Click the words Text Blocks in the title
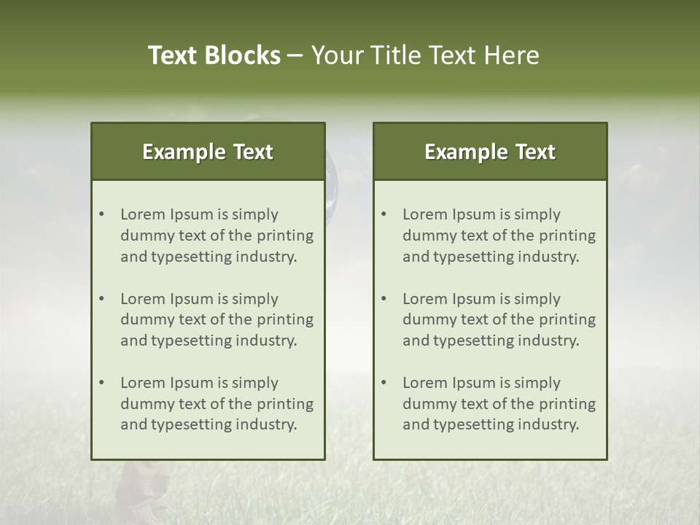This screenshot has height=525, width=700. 214,55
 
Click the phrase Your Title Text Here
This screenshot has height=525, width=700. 425,55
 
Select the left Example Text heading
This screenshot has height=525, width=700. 208,152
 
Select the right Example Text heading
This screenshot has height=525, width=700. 490,152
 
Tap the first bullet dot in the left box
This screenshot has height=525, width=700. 102,214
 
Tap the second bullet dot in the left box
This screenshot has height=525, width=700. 102,299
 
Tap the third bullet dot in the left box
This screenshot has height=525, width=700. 102,383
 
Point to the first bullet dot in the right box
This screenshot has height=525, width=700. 384,214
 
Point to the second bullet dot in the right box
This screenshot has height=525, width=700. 384,299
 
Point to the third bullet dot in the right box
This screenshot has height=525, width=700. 384,383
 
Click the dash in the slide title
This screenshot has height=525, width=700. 295,56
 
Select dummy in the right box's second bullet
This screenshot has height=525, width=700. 429,319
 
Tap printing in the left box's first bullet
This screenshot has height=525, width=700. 287,236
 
